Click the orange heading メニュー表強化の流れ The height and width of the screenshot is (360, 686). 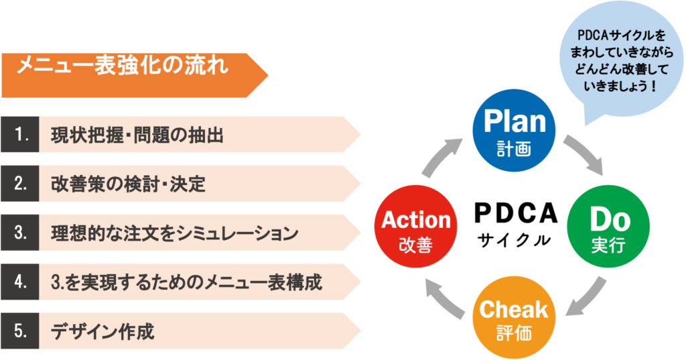124,67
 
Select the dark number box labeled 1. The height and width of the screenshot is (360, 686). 20,135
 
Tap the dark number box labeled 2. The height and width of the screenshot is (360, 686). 20,184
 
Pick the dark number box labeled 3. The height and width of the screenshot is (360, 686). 20,233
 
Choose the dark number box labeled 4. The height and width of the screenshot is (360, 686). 20,282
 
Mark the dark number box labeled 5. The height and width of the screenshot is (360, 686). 20,331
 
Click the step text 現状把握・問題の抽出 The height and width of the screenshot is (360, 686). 137,135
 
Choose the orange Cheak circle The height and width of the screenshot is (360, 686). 514,318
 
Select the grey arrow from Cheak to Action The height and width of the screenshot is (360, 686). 448,295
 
